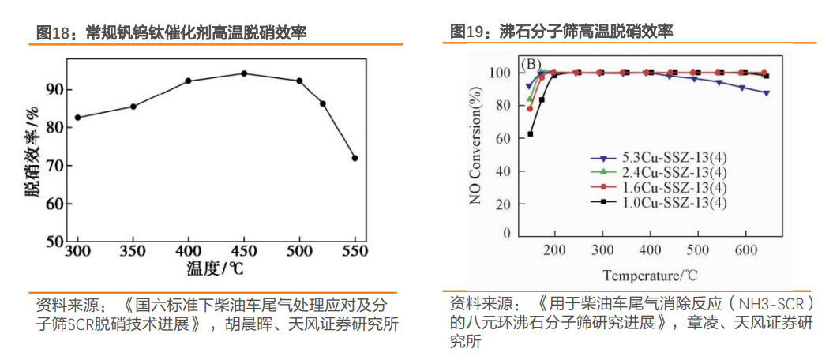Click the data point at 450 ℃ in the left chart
[244, 73]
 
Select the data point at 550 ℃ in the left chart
[355, 158]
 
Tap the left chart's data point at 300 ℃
[77, 118]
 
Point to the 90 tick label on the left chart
[54, 89]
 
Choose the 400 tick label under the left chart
[188, 251]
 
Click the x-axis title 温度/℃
[215, 268]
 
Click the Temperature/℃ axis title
[651, 276]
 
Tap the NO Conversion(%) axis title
[475, 150]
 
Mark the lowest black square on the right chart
[531, 133]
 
